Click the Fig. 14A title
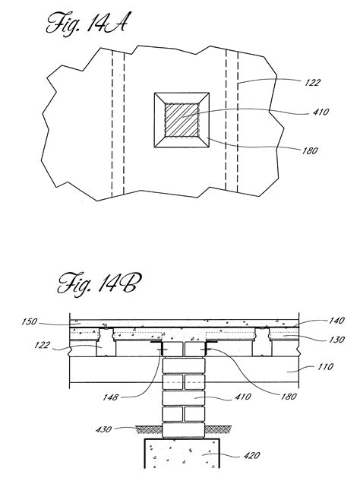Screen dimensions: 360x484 tap(87, 23)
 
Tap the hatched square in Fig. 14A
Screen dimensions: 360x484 tap(182, 120)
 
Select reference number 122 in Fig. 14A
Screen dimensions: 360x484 tap(313, 82)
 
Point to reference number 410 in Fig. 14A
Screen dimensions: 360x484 tap(321, 112)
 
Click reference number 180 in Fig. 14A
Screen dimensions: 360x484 tap(309, 150)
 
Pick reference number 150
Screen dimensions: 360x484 tap(29, 321)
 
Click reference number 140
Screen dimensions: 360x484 tap(336, 321)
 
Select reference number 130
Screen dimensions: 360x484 tap(336, 340)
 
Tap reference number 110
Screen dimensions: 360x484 tap(326, 367)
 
